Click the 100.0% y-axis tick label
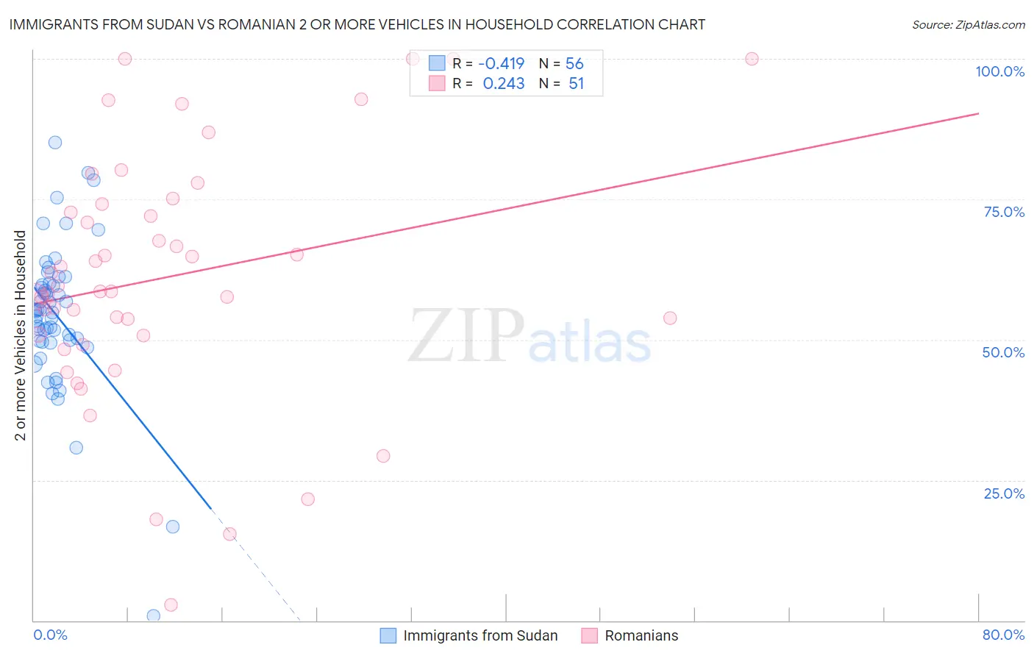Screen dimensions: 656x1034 (999, 71)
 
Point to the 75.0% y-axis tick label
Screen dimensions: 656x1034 (1004, 212)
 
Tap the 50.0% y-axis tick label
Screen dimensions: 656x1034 (1003, 352)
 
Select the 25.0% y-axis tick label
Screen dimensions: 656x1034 (1004, 493)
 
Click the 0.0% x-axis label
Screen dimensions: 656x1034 (50, 635)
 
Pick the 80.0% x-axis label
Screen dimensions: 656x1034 (1003, 635)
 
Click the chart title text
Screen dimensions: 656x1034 (357, 24)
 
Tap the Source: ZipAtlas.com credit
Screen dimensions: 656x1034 (968, 24)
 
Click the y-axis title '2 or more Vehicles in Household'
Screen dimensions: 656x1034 (20, 335)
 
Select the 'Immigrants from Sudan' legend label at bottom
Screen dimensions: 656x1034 (480, 635)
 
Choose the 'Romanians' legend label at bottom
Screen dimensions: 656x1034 (641, 635)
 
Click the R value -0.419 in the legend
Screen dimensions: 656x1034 (502, 64)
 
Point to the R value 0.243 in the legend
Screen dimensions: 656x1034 (504, 84)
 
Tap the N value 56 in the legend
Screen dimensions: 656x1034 (574, 64)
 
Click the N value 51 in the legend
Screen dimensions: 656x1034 (576, 84)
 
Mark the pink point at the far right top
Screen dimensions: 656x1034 (752, 59)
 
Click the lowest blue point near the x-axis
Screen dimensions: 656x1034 (154, 616)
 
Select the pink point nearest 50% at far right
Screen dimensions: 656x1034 (670, 318)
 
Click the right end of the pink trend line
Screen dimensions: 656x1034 (978, 113)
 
